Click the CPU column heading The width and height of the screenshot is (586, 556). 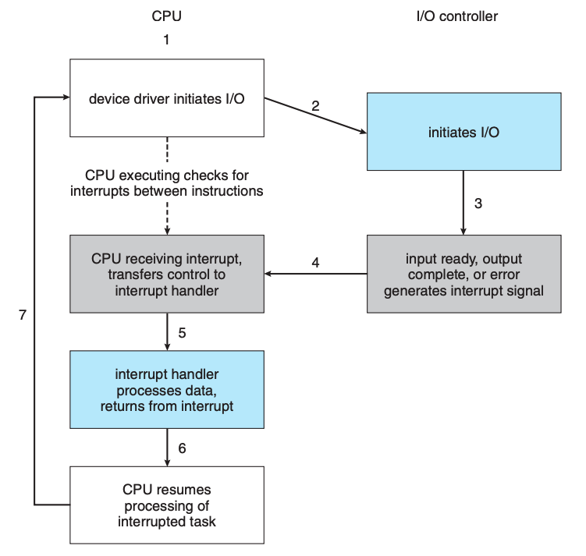167,16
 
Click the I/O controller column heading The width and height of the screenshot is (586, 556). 457,16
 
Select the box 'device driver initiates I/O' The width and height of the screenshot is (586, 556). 167,97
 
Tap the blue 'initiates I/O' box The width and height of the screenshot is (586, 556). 463,132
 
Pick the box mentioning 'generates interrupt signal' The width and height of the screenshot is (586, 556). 463,274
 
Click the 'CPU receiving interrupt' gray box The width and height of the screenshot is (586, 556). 167,274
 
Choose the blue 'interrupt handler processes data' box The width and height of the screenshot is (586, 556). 167,389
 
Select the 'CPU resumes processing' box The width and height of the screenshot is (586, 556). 167,505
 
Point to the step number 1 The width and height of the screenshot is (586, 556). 167,40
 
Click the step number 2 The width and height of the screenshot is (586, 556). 315,106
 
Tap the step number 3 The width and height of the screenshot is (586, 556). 478,204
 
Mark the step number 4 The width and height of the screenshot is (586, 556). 315,263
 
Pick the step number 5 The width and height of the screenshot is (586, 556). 182,333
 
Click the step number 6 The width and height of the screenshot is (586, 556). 182,448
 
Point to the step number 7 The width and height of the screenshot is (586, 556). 23,315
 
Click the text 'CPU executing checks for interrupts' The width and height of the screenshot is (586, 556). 167,183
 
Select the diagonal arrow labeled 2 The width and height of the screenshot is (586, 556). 315,115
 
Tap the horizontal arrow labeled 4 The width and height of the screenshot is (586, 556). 315,274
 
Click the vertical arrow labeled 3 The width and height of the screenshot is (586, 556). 463,203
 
